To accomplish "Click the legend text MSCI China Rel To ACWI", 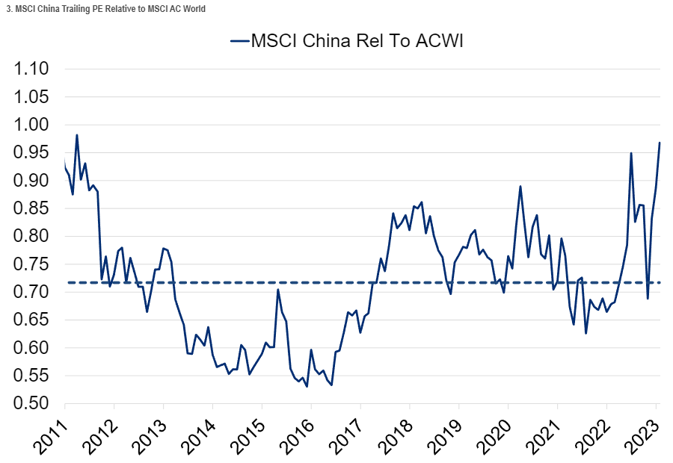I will coord(357,40).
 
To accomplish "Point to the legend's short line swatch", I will coord(239,41).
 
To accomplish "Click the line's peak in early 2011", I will coord(77,135).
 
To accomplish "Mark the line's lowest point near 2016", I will coord(307,386).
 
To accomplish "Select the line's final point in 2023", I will coord(660,142).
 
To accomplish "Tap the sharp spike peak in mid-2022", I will coord(631,153).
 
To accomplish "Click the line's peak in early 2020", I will coord(520,186).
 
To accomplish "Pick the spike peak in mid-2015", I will coord(277,289).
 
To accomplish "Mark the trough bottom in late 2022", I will coord(648,299).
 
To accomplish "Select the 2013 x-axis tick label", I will coord(150,433).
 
